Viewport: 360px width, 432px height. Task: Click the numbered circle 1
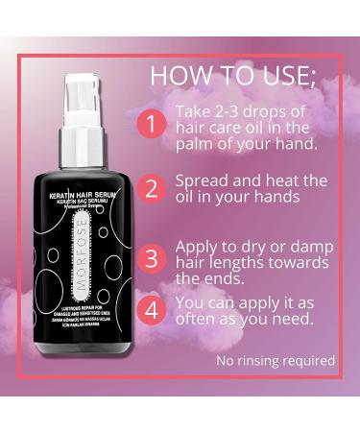[151, 124]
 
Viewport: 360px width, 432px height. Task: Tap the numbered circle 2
[151, 188]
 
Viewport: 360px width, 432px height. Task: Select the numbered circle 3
[151, 258]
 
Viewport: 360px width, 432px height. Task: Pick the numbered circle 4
[151, 309]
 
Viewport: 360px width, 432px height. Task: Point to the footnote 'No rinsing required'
[276, 361]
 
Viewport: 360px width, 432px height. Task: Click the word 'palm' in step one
[197, 144]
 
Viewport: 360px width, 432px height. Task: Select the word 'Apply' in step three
[198, 246]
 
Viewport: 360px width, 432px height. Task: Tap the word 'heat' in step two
[288, 180]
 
